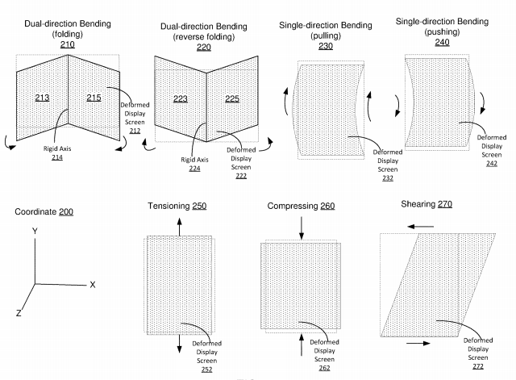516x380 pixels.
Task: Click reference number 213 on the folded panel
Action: click(42, 98)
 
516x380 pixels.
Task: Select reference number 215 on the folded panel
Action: click(94, 98)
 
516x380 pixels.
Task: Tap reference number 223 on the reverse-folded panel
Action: click(181, 98)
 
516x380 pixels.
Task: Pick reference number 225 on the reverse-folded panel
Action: click(232, 98)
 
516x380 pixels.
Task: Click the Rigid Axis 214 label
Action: click(57, 152)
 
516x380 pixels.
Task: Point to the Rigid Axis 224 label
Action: click(194, 164)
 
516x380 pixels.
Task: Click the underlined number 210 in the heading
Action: click(68, 44)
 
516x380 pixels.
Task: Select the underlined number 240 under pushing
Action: click(442, 43)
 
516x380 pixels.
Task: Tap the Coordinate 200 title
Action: click(44, 211)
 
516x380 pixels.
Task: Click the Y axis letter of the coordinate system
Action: click(35, 232)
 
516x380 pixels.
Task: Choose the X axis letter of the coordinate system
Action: click(93, 285)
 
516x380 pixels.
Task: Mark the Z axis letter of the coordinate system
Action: click(19, 313)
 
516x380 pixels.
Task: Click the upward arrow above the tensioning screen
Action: click(179, 227)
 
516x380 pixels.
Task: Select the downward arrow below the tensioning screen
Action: click(179, 344)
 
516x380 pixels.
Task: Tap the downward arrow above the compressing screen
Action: click(302, 228)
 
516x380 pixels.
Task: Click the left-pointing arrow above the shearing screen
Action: click(421, 227)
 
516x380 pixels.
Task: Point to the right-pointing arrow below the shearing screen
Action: click(418, 344)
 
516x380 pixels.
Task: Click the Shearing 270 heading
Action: click(427, 204)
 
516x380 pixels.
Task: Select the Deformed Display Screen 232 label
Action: click(388, 165)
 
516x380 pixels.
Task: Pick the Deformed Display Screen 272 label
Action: click(478, 353)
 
